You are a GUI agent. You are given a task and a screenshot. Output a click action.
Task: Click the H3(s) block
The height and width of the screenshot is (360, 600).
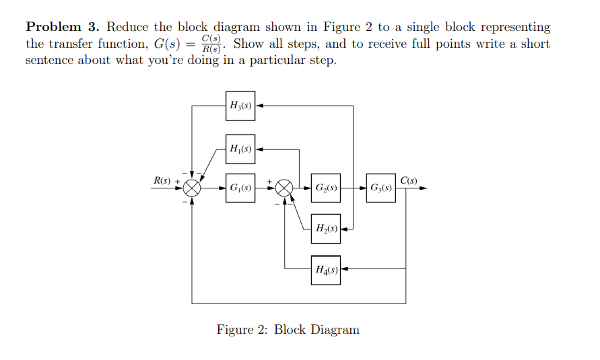coord(240,106)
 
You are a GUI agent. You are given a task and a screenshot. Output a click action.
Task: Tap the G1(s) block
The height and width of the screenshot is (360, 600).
coord(240,188)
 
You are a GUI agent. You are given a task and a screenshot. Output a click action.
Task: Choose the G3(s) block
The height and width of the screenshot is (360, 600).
coord(382,188)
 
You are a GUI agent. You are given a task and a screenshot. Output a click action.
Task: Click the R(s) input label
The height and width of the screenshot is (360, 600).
coord(162,180)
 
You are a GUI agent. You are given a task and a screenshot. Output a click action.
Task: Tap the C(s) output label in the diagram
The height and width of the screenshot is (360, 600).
coord(408,180)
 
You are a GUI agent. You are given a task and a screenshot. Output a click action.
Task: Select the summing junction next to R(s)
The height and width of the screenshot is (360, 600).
coord(193,188)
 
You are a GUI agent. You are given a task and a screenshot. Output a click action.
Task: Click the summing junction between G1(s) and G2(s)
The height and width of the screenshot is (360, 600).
coord(285,188)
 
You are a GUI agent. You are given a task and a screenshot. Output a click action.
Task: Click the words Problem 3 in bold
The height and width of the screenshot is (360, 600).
coord(63,28)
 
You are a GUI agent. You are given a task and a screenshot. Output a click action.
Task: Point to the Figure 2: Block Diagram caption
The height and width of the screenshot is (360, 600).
coord(288,330)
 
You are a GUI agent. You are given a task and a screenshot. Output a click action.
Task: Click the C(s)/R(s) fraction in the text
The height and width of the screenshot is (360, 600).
coord(213,44)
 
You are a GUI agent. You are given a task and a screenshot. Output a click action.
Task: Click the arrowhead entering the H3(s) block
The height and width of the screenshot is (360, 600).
coord(259,106)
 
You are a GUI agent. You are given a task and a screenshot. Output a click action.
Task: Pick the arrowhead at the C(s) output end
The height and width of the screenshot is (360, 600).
coord(424,188)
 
